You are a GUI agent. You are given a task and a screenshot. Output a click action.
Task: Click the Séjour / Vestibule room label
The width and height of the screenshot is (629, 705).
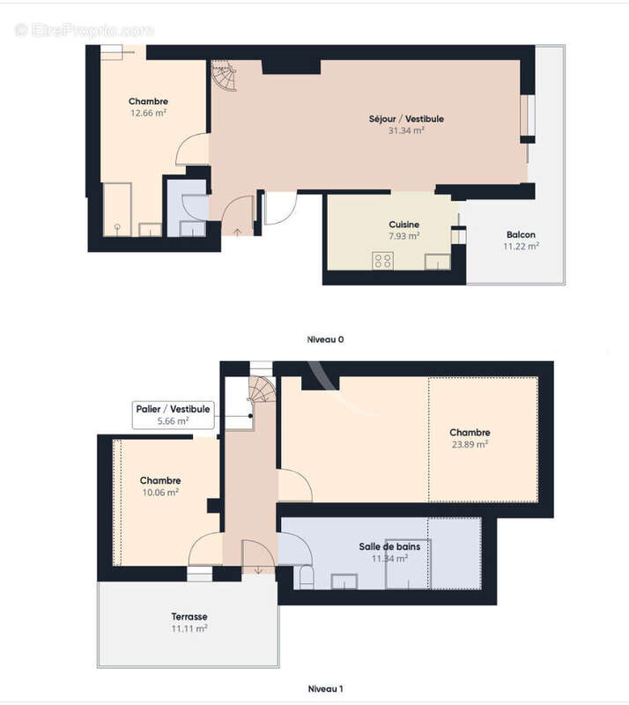406,119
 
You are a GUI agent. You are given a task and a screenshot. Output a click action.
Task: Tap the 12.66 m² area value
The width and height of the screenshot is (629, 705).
148,113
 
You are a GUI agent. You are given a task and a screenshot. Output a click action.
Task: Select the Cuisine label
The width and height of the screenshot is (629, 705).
403,225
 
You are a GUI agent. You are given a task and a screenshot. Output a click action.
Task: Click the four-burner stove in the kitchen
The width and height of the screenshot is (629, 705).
382,261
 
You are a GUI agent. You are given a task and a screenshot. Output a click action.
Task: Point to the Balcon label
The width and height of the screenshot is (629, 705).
521,234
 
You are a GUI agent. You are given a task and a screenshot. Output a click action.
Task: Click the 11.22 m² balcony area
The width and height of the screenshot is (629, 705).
521,247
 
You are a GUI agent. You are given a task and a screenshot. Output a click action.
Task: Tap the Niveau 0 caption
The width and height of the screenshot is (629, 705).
325,339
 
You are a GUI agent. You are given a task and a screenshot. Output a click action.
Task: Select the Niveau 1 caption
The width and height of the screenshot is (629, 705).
325,688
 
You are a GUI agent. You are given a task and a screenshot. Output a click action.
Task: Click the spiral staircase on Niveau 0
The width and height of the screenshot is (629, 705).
224,76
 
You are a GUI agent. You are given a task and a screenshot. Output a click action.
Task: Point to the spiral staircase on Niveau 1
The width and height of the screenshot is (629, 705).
262,389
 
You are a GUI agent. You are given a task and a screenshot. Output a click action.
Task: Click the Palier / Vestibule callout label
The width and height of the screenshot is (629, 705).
173,409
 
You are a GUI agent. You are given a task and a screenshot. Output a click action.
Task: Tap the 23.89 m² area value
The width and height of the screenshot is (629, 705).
470,444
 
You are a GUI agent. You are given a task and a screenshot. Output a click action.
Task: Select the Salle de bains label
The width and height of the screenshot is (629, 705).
389,546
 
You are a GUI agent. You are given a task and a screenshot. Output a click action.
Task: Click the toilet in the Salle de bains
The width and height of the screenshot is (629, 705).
307,577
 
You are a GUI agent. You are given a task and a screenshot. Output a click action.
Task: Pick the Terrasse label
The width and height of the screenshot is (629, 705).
189,617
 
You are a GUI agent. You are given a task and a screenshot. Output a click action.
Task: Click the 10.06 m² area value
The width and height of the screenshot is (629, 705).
160,493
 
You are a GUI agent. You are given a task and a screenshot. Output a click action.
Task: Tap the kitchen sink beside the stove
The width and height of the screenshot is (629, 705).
438,262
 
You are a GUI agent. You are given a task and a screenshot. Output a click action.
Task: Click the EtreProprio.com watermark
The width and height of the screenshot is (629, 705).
84,31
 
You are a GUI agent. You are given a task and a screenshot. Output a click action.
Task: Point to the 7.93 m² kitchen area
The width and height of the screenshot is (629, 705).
403,236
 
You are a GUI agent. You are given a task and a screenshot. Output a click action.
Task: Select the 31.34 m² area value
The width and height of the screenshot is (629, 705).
406,130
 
